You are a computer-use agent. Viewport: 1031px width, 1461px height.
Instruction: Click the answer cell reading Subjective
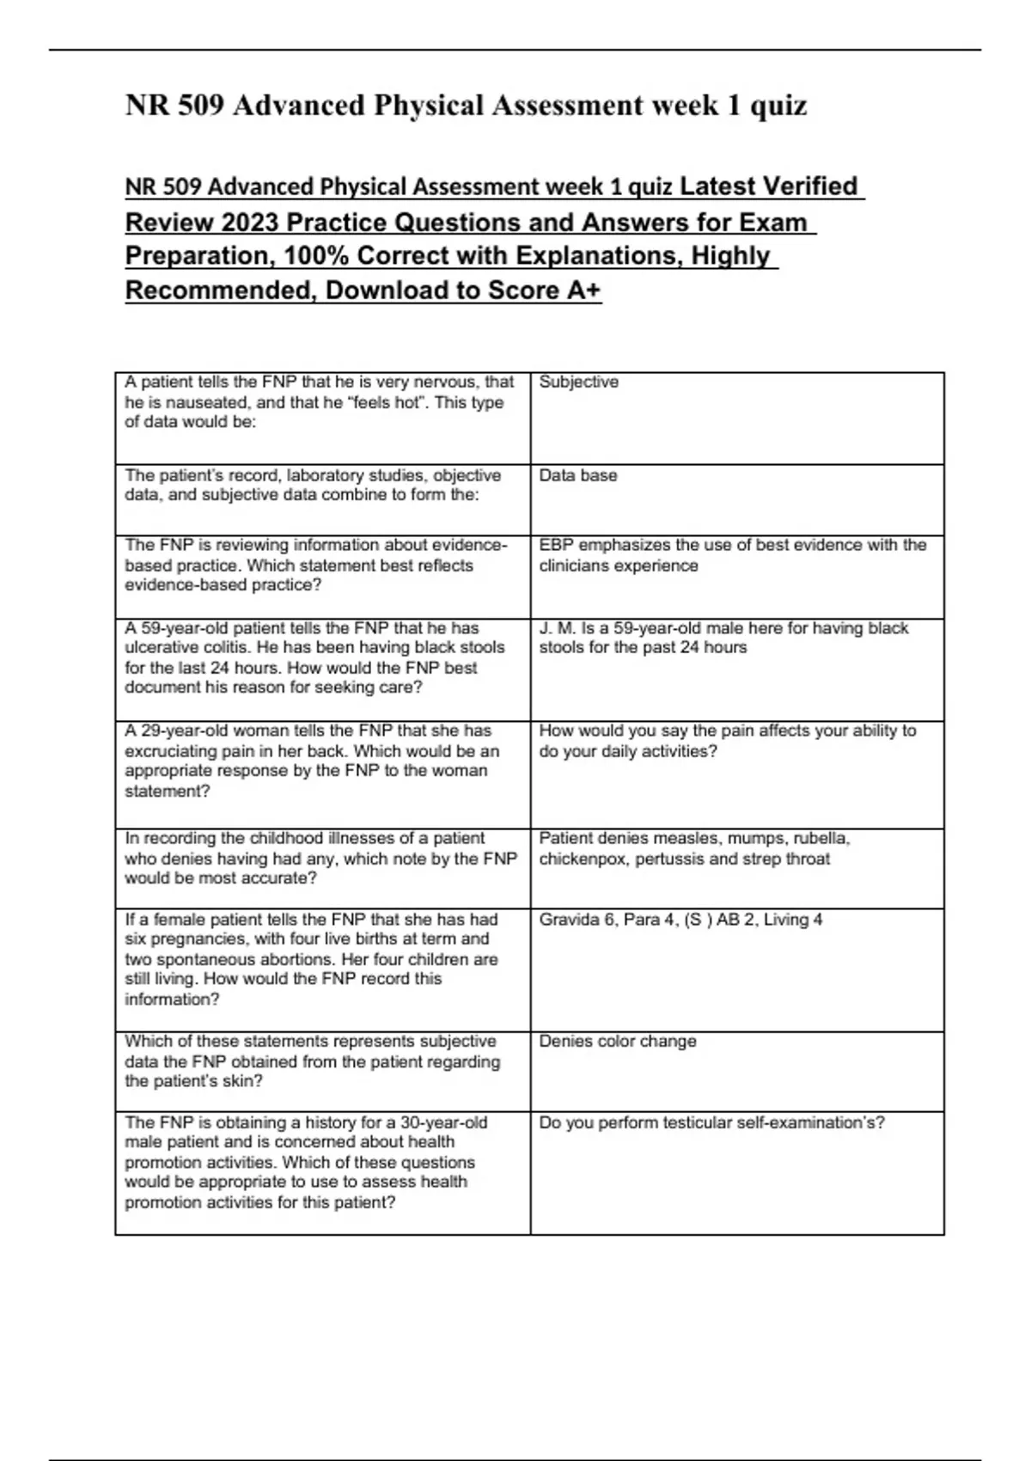[578, 382]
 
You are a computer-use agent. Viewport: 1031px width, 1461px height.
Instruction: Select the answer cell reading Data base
[577, 475]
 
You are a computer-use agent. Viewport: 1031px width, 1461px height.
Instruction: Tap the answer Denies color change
[617, 1041]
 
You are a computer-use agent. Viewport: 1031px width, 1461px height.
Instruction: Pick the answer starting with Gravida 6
[680, 920]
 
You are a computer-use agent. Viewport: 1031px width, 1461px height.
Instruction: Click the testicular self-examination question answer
[711, 1122]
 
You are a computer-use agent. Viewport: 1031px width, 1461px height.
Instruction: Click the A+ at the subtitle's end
[583, 290]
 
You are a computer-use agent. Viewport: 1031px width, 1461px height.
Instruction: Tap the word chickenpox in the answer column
[583, 859]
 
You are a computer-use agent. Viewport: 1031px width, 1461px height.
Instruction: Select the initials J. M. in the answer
[558, 628]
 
